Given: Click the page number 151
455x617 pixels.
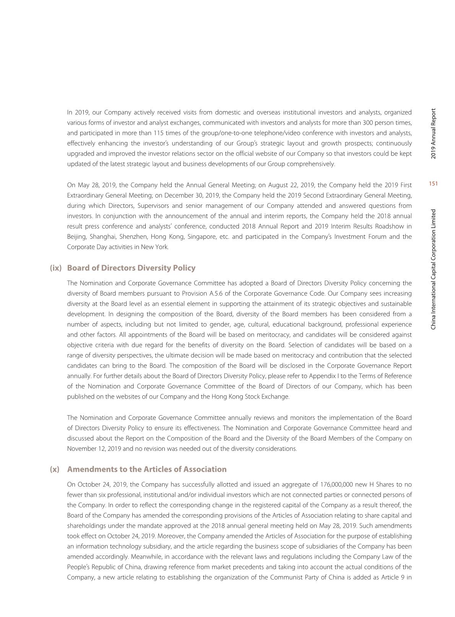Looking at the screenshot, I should [433, 184].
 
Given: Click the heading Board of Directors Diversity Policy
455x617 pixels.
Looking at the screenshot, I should [131, 268].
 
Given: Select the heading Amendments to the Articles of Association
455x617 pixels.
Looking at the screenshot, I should [147, 469].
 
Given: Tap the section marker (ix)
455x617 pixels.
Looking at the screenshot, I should [56, 268].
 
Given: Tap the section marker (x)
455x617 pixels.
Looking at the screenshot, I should [55, 469].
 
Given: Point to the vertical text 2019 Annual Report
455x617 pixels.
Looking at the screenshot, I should [433, 134].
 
